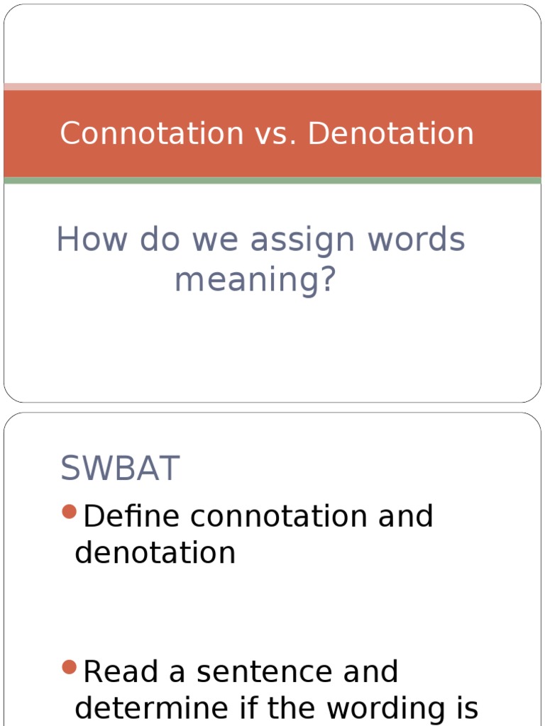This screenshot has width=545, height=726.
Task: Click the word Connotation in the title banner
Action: click(x=152, y=133)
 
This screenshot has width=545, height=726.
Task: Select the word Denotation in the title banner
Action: click(x=390, y=133)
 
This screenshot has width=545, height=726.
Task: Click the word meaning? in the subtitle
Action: click(x=255, y=280)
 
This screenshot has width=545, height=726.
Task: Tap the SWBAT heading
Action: click(x=120, y=469)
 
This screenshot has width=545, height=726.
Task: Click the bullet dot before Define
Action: click(x=69, y=512)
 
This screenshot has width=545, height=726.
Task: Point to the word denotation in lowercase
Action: click(x=155, y=553)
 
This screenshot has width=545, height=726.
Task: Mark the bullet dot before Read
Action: click(x=69, y=667)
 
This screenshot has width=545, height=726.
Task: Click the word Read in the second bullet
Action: click(x=122, y=672)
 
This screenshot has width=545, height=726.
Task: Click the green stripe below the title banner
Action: click(x=272, y=181)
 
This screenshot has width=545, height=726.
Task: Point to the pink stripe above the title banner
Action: click(x=272, y=86)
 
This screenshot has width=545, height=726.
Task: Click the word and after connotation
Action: click(x=405, y=516)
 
